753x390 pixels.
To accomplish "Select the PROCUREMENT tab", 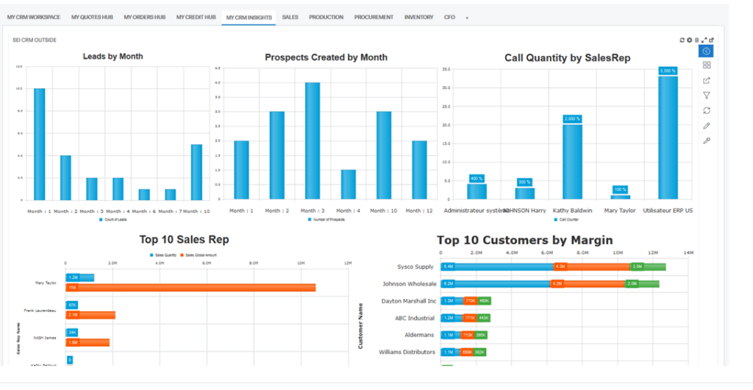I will point(373,17).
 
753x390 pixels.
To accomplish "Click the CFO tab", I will point(449,17).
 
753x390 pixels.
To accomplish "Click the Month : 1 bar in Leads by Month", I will point(40,144).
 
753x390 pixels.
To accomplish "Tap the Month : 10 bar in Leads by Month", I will point(196,172).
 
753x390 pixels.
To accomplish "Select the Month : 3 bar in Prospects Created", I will point(313,140).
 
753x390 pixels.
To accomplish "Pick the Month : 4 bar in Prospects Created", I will point(348,184).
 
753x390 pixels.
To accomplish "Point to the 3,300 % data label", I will point(668,71).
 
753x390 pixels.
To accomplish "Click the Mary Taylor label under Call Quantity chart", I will point(621,211).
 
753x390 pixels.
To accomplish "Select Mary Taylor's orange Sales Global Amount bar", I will point(190,287).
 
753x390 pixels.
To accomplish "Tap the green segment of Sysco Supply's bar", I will point(648,267).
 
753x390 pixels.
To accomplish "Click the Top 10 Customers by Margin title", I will point(524,240).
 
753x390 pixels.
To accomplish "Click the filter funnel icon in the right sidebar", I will point(707,95).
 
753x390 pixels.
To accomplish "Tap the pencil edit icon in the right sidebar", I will point(707,126).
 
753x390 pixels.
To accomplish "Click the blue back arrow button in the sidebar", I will point(706,51).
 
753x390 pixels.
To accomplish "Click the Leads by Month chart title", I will point(113,56).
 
